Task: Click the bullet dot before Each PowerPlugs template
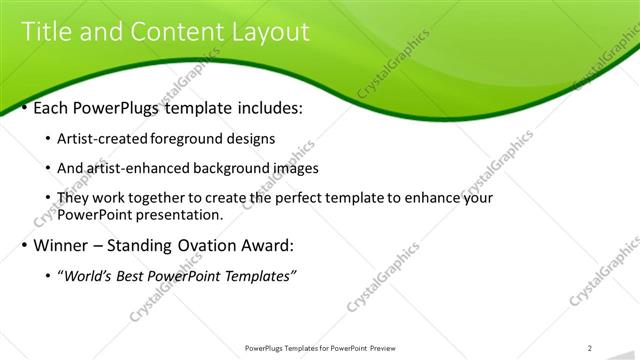tap(24, 107)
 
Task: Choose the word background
tap(223, 169)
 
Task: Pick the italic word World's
tap(89, 276)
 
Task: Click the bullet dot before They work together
tap(50, 199)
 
